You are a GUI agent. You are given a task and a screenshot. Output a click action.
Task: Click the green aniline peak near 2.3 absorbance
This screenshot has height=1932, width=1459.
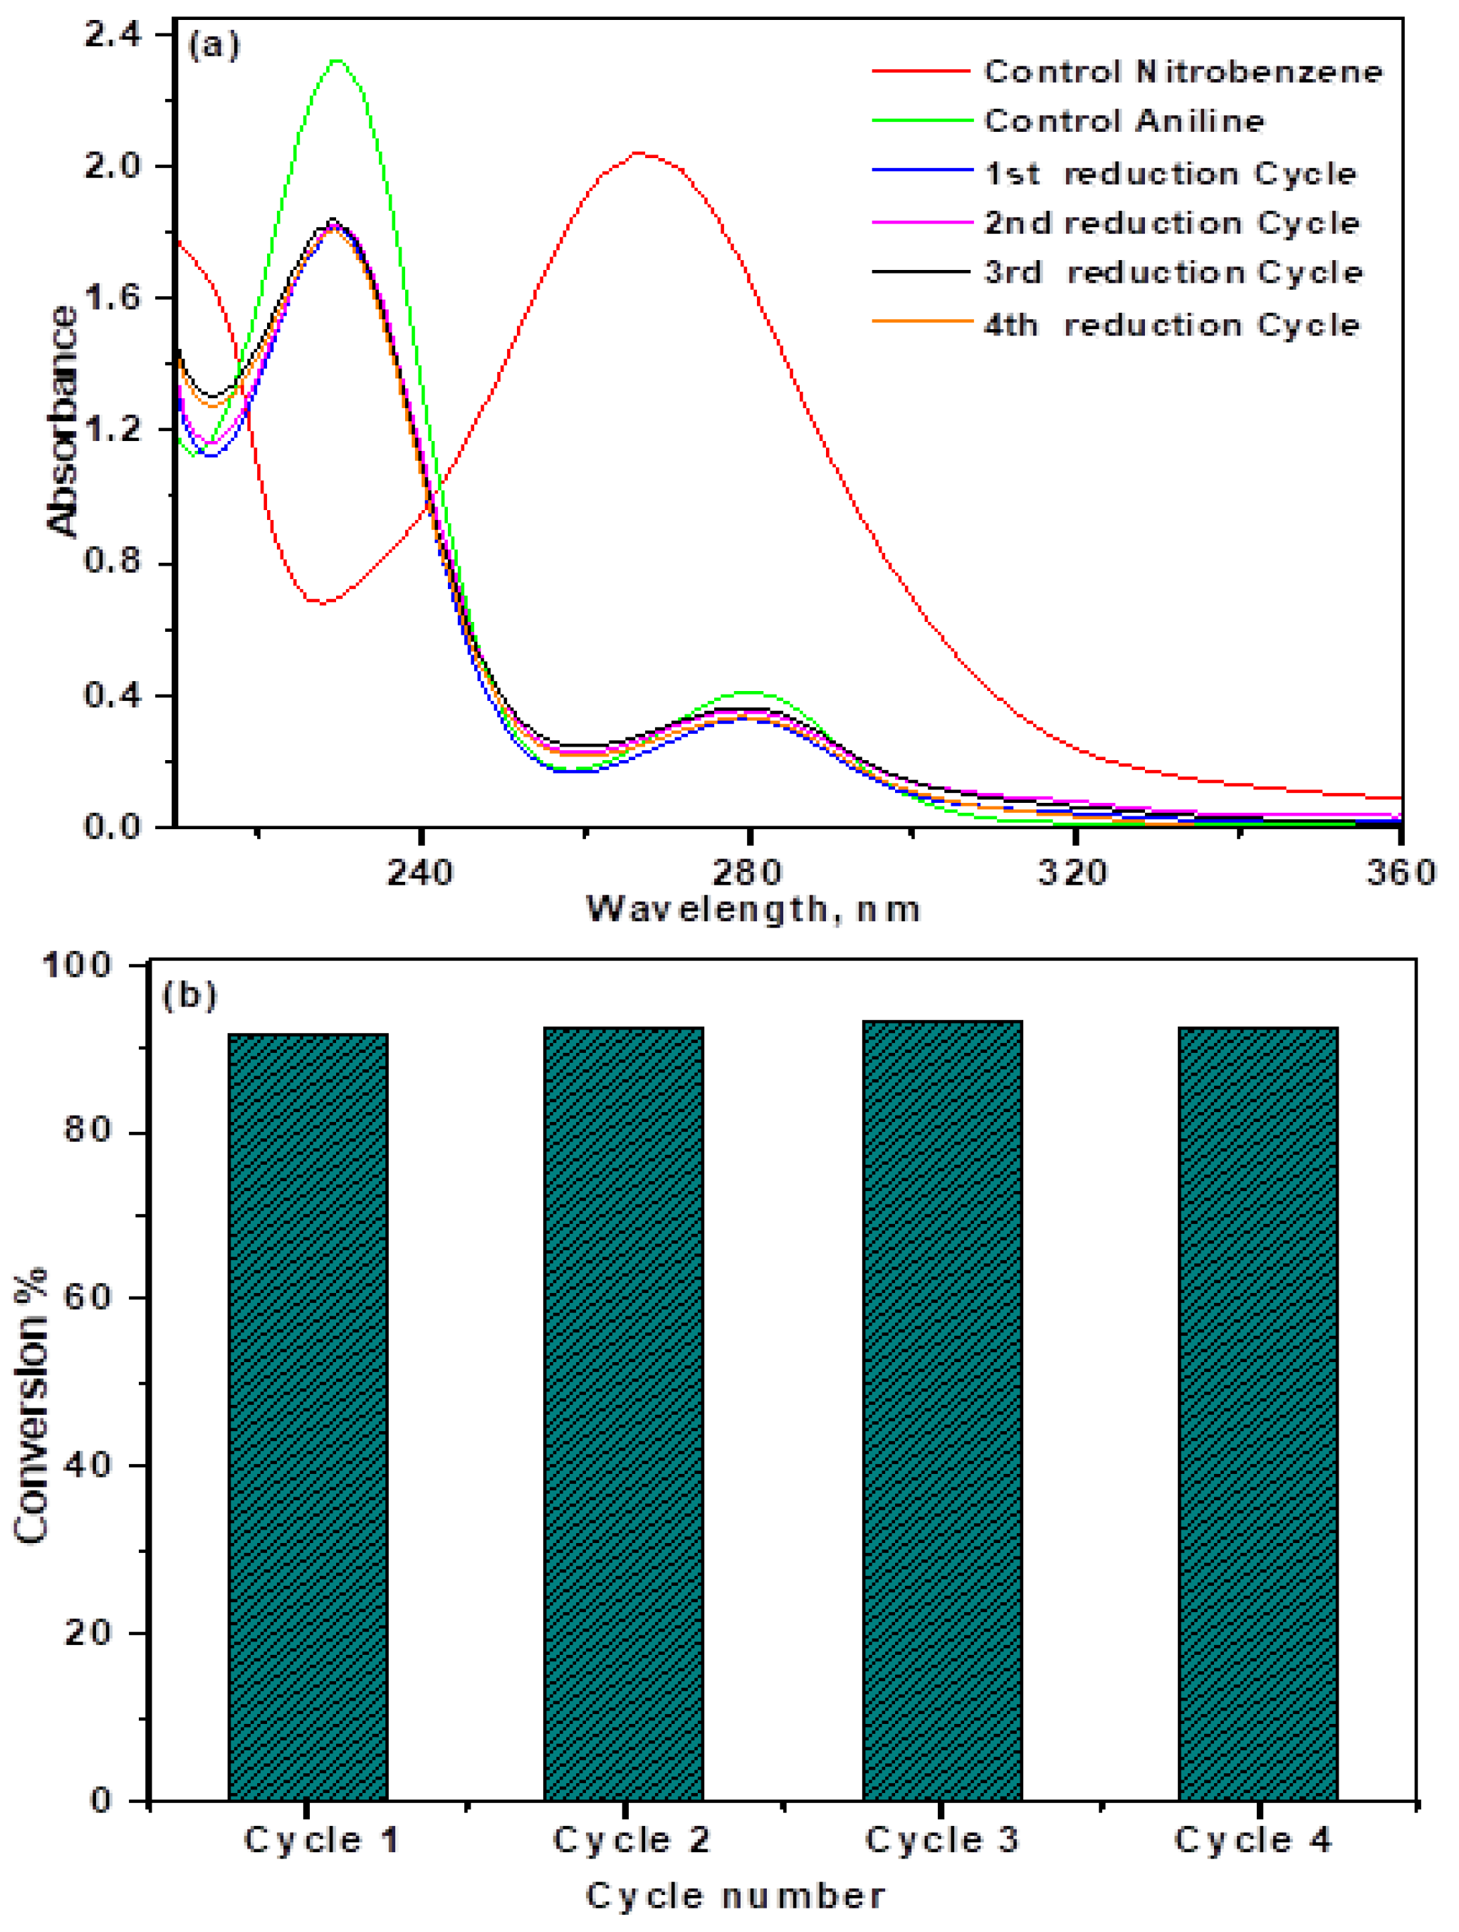[337, 61]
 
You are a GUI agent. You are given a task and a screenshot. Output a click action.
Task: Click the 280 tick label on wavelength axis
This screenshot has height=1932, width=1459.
[748, 872]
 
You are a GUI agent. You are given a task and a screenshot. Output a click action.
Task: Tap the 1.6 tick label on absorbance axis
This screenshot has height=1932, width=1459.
[112, 298]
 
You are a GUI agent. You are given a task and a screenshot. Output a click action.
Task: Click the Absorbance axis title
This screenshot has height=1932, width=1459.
[63, 421]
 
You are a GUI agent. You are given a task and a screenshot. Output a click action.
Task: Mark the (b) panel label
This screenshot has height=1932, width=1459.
[189, 996]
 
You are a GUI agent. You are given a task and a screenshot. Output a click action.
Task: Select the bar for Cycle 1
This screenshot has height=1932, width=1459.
[308, 1415]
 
